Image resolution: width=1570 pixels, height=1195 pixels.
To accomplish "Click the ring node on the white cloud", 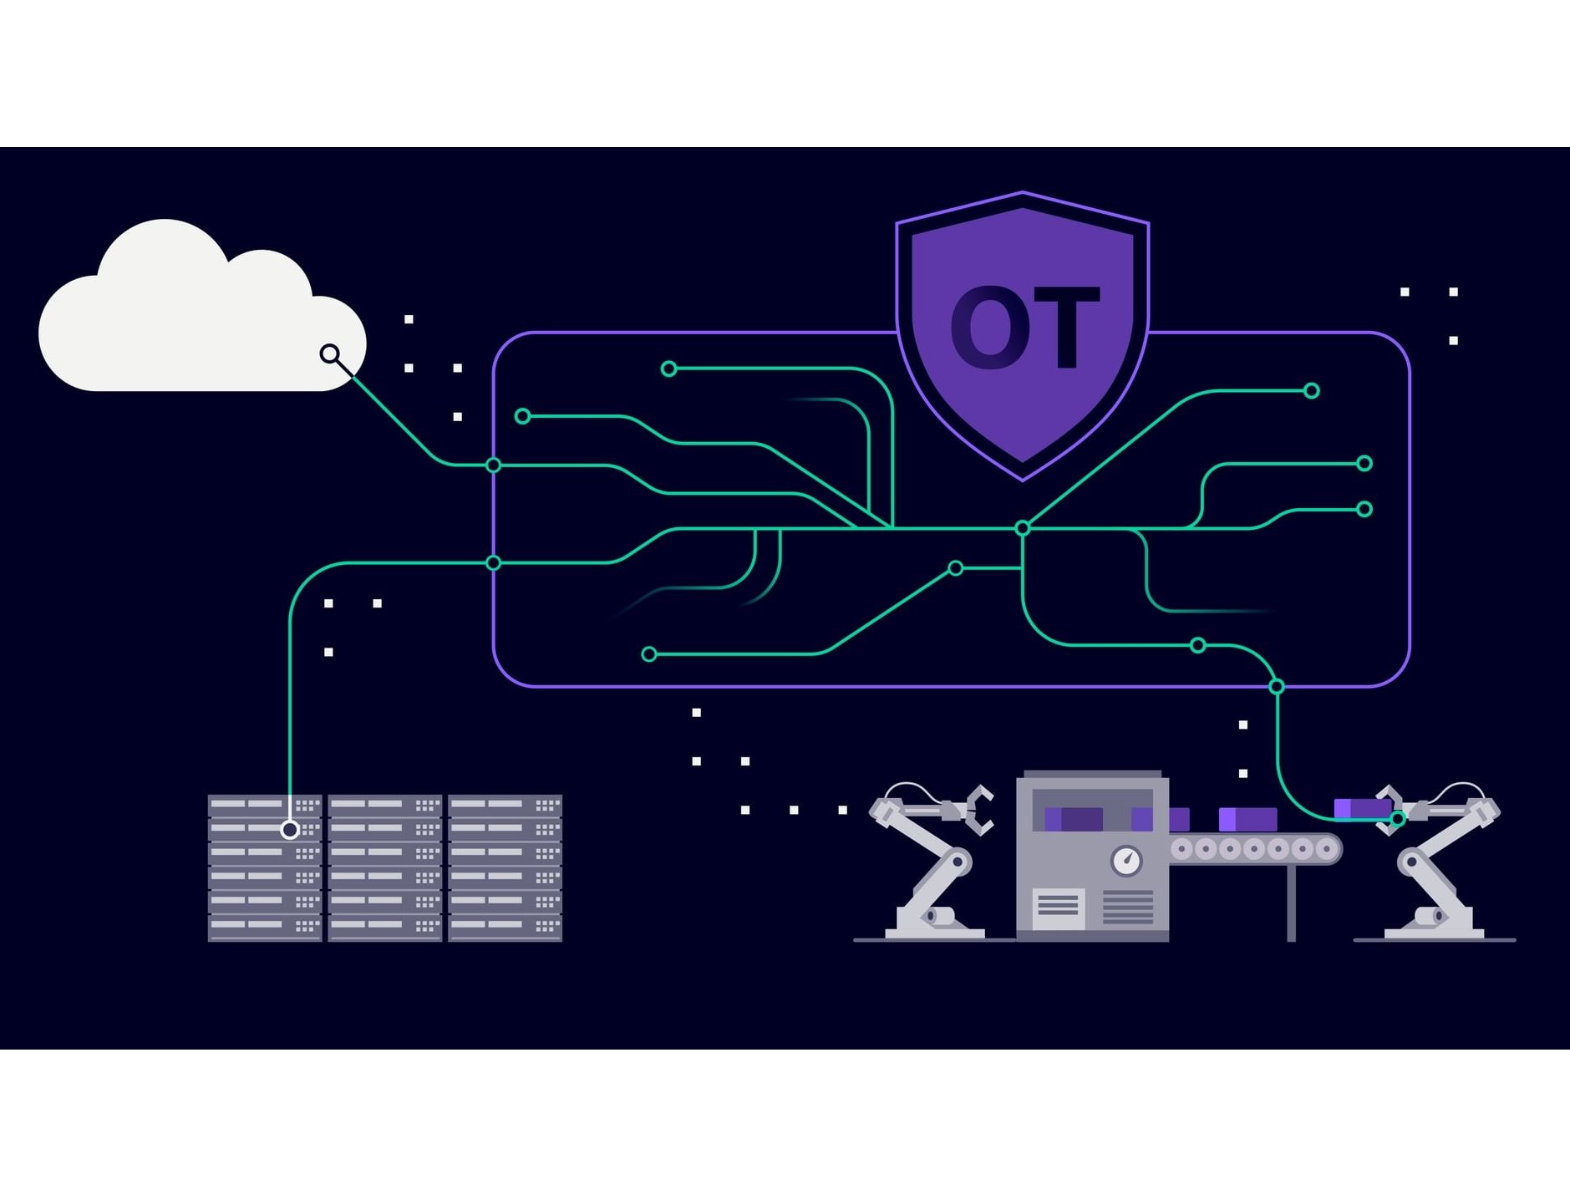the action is click(x=330, y=354).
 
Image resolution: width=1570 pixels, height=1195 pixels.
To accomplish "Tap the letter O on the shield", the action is click(x=990, y=327).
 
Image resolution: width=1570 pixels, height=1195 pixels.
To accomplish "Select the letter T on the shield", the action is click(x=1067, y=327).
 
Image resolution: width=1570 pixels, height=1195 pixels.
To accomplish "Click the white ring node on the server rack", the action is click(x=290, y=830).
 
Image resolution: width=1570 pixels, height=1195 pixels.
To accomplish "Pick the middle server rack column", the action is click(x=385, y=868).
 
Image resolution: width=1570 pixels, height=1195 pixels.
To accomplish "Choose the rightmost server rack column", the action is click(x=506, y=868).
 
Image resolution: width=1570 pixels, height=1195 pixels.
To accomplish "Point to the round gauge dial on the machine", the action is click(x=1127, y=861).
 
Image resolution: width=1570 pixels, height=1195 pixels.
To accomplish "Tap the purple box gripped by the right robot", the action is click(x=1362, y=809).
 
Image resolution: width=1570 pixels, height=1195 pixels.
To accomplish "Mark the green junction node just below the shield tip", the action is click(x=1022, y=528).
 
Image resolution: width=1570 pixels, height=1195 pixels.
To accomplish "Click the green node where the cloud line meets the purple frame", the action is click(x=493, y=465).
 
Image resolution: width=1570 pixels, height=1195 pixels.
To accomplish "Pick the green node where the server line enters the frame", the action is click(x=493, y=563).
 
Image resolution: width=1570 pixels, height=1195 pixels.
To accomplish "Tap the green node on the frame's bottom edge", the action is click(x=1277, y=687).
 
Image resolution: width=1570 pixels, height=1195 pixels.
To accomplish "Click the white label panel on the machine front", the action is click(x=1059, y=908).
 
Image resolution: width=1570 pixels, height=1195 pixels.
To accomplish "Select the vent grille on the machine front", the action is click(x=1128, y=907).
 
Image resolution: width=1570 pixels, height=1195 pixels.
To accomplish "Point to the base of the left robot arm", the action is click(x=934, y=923).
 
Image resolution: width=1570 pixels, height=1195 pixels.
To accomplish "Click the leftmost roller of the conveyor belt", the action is click(x=1181, y=850).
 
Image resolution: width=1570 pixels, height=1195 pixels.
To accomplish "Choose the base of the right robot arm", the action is click(x=1434, y=923).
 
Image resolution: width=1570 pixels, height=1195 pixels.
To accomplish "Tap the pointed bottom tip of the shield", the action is click(x=1023, y=479).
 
